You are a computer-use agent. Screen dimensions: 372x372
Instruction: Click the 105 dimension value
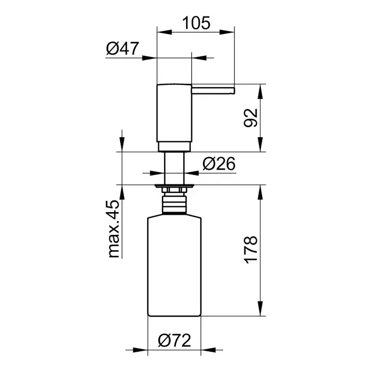(x=196, y=23)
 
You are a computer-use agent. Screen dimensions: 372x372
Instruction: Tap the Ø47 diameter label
(x=122, y=48)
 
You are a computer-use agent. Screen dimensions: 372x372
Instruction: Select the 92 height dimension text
(x=250, y=117)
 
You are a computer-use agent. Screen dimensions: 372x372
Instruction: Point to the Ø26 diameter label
(x=219, y=164)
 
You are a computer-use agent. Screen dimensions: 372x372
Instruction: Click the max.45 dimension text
(x=114, y=229)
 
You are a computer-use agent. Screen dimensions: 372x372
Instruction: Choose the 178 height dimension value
(x=250, y=250)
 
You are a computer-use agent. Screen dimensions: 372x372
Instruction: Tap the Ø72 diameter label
(x=174, y=341)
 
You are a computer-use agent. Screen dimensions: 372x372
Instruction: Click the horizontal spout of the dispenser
(x=213, y=90)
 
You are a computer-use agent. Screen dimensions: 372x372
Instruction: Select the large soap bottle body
(x=174, y=265)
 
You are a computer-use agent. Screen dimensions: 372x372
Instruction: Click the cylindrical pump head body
(x=174, y=113)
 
